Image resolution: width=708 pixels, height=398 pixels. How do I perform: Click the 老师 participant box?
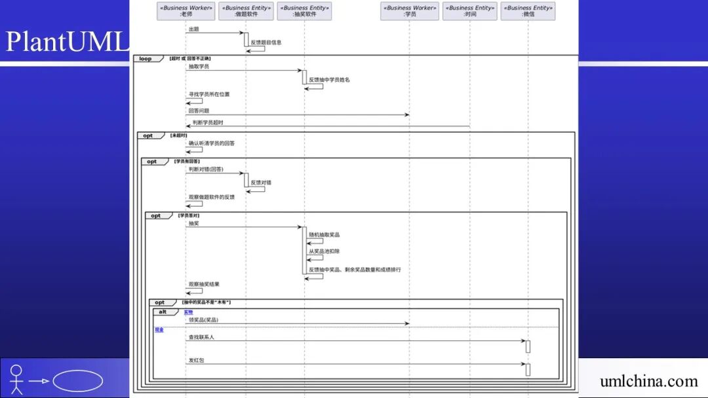click(x=186, y=11)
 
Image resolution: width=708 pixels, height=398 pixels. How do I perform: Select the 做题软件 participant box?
click(x=246, y=11)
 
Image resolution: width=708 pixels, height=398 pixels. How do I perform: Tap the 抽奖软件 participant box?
click(x=304, y=11)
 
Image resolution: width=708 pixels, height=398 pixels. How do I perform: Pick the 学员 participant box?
click(x=410, y=11)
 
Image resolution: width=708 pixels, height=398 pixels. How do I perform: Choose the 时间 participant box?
click(x=470, y=11)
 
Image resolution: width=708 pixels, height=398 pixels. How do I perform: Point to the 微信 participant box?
click(x=528, y=11)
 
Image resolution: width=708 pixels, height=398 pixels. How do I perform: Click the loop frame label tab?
click(x=146, y=59)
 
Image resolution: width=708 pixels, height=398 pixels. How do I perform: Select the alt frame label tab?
click(x=163, y=312)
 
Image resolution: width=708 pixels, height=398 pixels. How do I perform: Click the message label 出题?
click(x=193, y=29)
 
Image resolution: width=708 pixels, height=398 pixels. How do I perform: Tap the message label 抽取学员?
click(x=199, y=67)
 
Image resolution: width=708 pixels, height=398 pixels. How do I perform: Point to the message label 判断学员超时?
click(x=208, y=122)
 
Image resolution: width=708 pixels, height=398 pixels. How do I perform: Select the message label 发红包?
click(x=196, y=360)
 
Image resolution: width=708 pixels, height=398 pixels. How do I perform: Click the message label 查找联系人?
click(x=201, y=337)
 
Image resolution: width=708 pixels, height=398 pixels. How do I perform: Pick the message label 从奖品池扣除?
click(x=324, y=251)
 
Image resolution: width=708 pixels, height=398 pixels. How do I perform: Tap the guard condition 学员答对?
click(x=189, y=215)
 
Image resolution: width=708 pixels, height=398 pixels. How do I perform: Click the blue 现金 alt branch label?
click(x=159, y=330)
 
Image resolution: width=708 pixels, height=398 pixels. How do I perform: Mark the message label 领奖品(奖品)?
click(x=203, y=319)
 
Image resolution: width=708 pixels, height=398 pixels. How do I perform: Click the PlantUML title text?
click(x=66, y=42)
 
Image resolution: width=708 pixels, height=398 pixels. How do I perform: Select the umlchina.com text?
click(x=648, y=381)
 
